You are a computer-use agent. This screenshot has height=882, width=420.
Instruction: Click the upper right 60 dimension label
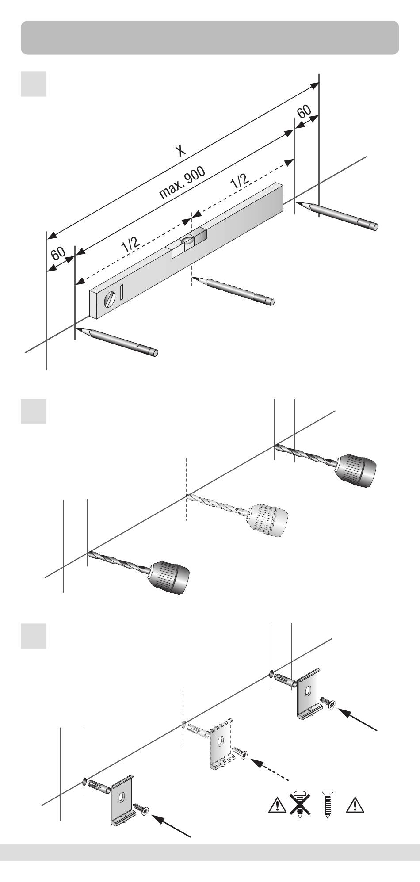305,111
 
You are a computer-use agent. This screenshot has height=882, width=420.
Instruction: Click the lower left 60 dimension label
58,254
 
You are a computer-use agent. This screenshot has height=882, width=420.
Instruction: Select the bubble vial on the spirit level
187,241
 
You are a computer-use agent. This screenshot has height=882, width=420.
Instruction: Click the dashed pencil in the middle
234,290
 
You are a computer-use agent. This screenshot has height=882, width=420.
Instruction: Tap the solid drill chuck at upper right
356,470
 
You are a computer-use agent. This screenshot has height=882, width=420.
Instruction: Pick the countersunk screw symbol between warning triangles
328,804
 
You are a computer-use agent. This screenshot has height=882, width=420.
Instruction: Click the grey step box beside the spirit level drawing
34,84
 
